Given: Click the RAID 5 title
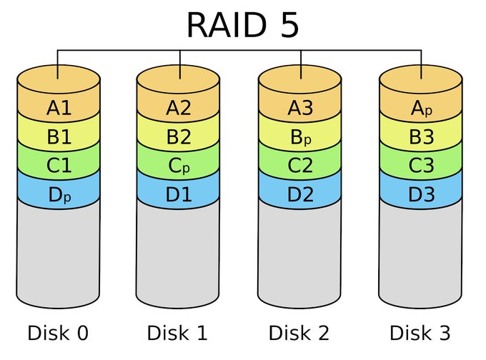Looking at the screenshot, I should (242, 25).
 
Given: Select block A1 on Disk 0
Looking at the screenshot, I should (59, 108).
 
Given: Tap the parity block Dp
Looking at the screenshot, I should (59, 194).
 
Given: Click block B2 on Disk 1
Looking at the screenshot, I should (179, 136).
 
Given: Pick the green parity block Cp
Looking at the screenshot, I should (179, 165).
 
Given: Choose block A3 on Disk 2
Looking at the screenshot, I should (300, 108).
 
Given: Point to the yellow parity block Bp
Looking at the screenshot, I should (300, 136).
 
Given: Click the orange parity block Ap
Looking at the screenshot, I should (421, 108).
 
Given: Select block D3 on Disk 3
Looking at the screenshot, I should (421, 194).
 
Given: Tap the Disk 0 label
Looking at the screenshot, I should (59, 333).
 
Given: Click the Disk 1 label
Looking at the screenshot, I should (179, 333).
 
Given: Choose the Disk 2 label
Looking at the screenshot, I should (300, 333).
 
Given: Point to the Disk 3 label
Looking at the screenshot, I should (421, 333).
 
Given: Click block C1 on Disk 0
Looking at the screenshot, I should (59, 165).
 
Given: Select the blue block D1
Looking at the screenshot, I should (179, 194).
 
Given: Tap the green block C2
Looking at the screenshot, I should (300, 165).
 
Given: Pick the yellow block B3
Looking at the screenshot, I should (421, 136).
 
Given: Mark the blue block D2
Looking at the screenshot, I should (300, 194).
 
